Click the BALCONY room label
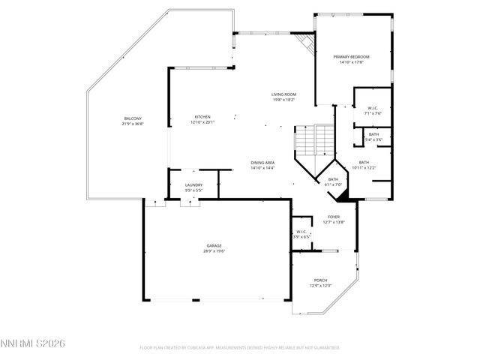133,118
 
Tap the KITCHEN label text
202,117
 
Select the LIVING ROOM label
283,94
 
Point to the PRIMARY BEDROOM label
352,57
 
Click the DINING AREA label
262,163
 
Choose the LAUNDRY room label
194,185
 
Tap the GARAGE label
214,246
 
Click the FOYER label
333,217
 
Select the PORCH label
320,280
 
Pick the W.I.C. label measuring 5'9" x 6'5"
301,232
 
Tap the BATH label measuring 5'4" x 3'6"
373,134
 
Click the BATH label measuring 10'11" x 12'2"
364,163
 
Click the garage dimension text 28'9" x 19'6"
214,251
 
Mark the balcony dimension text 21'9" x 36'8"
133,124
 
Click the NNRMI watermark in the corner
34,343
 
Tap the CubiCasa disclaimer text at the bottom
240,348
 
